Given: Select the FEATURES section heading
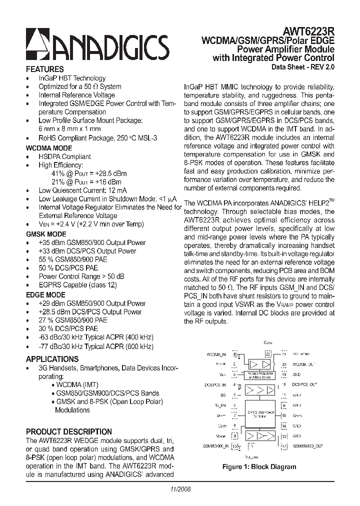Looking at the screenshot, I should coord(44,69).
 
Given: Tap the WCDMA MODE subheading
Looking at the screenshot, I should coord(48,148).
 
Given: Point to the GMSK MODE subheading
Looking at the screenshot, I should coord(46,234).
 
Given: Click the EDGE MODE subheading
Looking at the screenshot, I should coord(45,295).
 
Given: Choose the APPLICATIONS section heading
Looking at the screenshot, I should coord(52,359).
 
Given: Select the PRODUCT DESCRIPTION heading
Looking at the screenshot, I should coord(68,431).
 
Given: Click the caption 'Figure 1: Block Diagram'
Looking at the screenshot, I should coord(259,467).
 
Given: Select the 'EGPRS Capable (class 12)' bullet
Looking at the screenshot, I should coord(77,285).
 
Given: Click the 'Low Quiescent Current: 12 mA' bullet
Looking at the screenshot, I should coord(82,190).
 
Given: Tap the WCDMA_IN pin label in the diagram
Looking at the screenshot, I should coord(216,354).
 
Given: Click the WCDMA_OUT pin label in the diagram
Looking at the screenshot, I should coord(304,364).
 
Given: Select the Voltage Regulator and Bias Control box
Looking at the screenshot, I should coord(261,374).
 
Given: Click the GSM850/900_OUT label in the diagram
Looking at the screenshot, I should coord(308,445).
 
